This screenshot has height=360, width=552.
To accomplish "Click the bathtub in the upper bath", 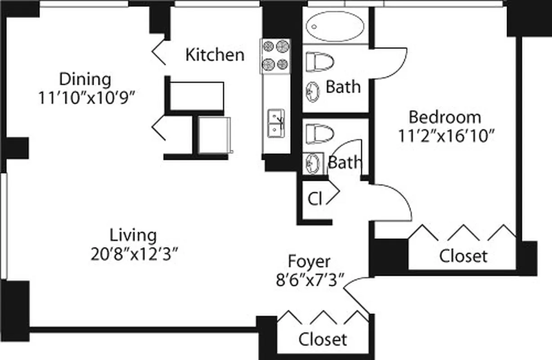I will tap(335, 26).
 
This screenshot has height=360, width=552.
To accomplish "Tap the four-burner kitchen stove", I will tap(275, 56).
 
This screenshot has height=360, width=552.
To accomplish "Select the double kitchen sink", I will tap(275, 123).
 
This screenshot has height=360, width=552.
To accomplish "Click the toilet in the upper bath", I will tap(320, 62).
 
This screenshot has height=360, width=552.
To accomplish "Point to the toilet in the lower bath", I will tap(320, 133).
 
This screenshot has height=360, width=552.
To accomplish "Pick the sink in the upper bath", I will tap(312, 92).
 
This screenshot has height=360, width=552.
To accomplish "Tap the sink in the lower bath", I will tap(313, 162).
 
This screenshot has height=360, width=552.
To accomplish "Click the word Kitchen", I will tap(215, 55).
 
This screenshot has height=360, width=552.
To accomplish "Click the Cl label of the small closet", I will tap(315, 198).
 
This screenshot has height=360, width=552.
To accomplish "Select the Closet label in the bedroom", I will tap(463, 256).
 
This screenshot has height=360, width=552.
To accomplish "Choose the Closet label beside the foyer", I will tap(323, 339).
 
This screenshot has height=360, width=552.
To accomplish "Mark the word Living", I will tap(134, 235).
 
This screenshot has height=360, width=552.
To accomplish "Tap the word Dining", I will tap(85, 79).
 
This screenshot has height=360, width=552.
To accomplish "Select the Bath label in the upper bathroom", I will tap(343, 86).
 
